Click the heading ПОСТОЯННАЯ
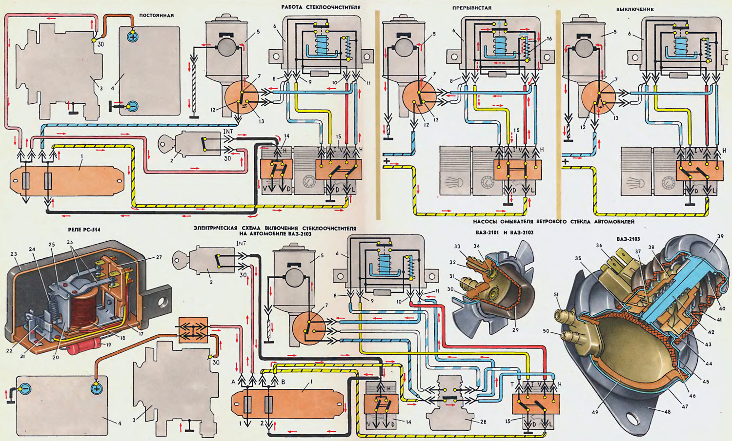[x=156, y=16]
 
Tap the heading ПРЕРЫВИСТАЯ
[x=471, y=8]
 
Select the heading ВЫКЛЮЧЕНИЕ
[x=634, y=9]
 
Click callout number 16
[x=549, y=38]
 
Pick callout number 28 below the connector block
[x=483, y=422]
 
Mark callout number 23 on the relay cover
[x=13, y=253]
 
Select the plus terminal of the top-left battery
[x=132, y=37]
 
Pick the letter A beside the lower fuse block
[x=233, y=382]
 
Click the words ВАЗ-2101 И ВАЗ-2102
[x=504, y=233]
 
